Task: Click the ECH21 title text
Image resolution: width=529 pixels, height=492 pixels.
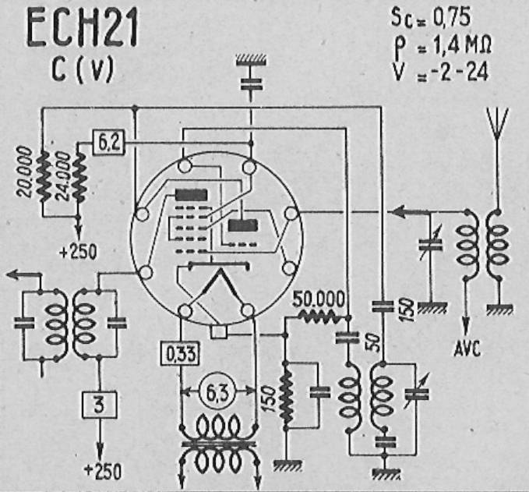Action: coord(83,29)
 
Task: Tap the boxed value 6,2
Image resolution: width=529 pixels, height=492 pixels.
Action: coord(108,143)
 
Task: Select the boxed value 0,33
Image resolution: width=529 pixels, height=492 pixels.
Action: coord(181,353)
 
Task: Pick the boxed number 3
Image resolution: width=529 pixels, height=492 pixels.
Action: coord(100,405)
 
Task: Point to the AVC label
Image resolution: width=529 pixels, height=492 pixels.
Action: coord(467,349)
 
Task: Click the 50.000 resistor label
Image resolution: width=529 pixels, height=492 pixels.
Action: coord(319,299)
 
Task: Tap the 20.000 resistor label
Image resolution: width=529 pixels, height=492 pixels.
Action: coord(25,172)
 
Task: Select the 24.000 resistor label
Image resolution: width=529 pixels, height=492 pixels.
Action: coord(62,175)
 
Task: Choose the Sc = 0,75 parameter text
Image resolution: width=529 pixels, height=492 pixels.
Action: coord(431,18)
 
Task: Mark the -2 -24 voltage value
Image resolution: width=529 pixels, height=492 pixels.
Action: coord(460,72)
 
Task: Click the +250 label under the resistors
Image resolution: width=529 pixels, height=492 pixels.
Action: coord(78,252)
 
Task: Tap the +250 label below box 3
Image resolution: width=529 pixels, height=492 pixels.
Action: coord(103,472)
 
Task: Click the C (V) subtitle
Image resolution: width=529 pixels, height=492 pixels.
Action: coord(83,70)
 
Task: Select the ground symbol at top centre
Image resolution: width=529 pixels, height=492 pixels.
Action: coord(251,60)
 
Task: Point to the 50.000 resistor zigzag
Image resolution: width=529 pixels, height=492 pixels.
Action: coord(319,317)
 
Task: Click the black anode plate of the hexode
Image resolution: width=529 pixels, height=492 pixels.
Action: coord(191,195)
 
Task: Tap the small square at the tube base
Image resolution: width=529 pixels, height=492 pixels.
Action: coord(219,331)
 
